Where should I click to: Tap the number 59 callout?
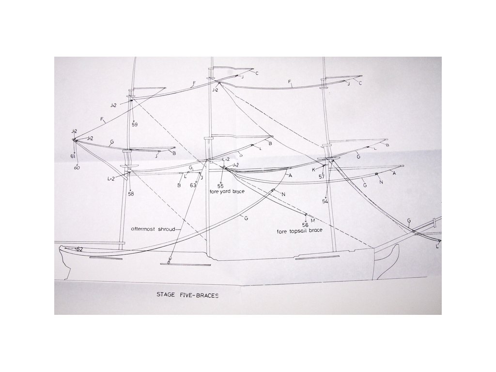pyautogui.click(x=135, y=124)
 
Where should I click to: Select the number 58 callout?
pyautogui.click(x=131, y=194)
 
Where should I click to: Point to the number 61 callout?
pyautogui.click(x=73, y=156)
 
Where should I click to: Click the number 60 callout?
pyautogui.click(x=77, y=168)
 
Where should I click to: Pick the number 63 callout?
pyautogui.click(x=193, y=185)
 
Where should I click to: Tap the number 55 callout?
pyautogui.click(x=220, y=186)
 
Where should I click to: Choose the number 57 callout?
pyautogui.click(x=322, y=177)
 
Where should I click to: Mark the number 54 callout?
pyautogui.click(x=325, y=201)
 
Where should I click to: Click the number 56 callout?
pyautogui.click(x=305, y=225)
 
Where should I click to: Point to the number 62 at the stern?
pyautogui.click(x=79, y=249)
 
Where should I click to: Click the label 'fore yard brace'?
pyautogui.click(x=227, y=192)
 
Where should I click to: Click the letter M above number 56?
pyautogui.click(x=312, y=220)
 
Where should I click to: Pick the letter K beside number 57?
pyautogui.click(x=313, y=170)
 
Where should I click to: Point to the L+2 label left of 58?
pyautogui.click(x=110, y=179)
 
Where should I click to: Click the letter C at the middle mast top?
pyautogui.click(x=257, y=74)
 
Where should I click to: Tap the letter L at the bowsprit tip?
pyautogui.click(x=437, y=247)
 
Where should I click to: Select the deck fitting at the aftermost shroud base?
pyautogui.click(x=169, y=261)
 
